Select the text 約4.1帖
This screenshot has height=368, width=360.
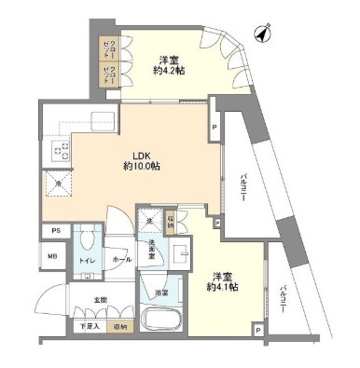tap(221, 287)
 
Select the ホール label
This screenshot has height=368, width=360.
tap(120, 260)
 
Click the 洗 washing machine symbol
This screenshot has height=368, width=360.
tap(150, 221)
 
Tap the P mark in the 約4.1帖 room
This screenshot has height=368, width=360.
tap(256, 327)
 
